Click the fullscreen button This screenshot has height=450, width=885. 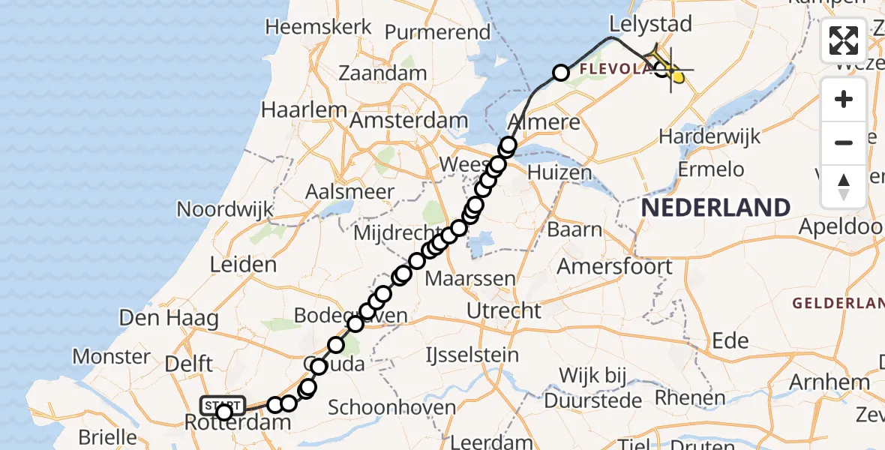point(844,40)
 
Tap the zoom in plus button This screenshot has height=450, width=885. point(844,99)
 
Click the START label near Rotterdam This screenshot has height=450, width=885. point(223,406)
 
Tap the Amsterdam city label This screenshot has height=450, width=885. point(409,121)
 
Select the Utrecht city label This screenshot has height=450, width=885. point(504,310)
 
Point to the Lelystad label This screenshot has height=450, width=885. point(650,24)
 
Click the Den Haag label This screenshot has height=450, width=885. point(169,318)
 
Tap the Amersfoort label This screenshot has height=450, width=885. point(615,266)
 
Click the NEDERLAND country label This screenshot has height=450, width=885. point(716,208)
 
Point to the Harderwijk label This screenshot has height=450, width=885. point(709,137)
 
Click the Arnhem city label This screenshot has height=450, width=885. point(831,382)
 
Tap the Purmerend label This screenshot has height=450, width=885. point(438,32)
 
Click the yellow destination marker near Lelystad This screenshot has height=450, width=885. point(677,76)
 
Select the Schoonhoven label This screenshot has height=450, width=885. point(392,409)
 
